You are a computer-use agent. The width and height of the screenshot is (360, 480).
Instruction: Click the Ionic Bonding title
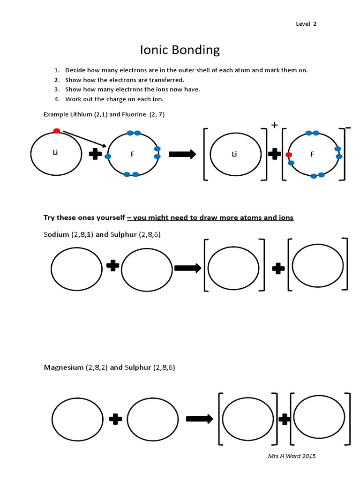pos(180,50)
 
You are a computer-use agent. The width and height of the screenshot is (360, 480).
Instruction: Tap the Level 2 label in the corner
pos(306,24)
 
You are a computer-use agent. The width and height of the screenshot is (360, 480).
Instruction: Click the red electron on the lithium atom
pos(56,131)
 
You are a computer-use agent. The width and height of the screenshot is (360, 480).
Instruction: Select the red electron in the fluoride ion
pos(289,154)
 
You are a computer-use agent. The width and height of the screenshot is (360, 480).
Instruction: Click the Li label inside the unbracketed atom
pos(56,153)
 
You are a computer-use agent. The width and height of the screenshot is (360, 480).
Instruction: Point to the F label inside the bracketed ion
pos(312,154)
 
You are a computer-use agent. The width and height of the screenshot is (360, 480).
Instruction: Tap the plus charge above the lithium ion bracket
pos(274,125)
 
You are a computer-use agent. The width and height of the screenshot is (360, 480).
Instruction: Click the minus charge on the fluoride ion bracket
pos(347,127)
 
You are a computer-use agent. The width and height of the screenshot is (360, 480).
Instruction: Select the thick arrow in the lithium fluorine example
pos(182,155)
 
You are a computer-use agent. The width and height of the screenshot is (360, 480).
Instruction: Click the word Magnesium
pos(63,367)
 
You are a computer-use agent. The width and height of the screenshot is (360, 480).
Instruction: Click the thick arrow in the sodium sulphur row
pos(187,268)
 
